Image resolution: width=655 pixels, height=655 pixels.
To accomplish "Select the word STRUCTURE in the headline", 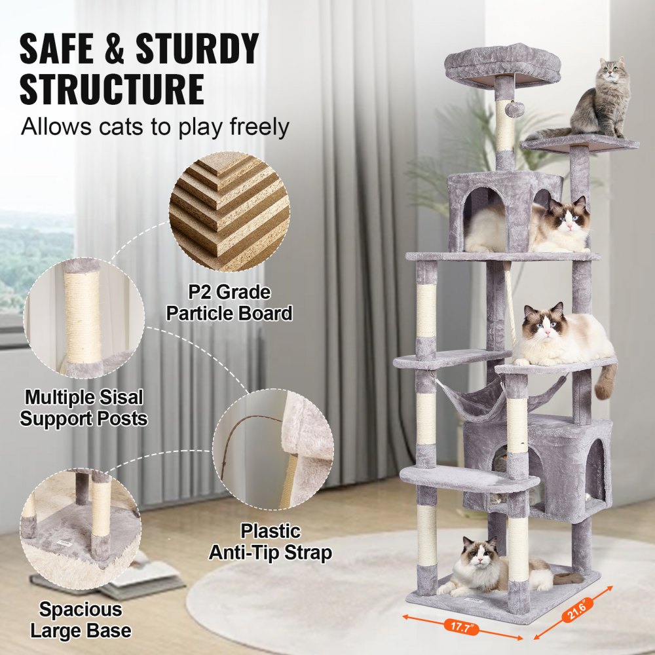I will pos(111,89).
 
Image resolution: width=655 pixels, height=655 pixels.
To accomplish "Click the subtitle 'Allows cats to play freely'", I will pos(155,126).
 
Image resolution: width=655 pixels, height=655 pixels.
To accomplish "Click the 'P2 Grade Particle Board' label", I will pos(229,303).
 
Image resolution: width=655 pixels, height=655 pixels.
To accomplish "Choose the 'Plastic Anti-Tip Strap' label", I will pos(270,541).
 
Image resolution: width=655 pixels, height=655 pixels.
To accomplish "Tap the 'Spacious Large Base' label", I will pos(81,620).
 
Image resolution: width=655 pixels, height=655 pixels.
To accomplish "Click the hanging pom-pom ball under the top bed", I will pos(515,109).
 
